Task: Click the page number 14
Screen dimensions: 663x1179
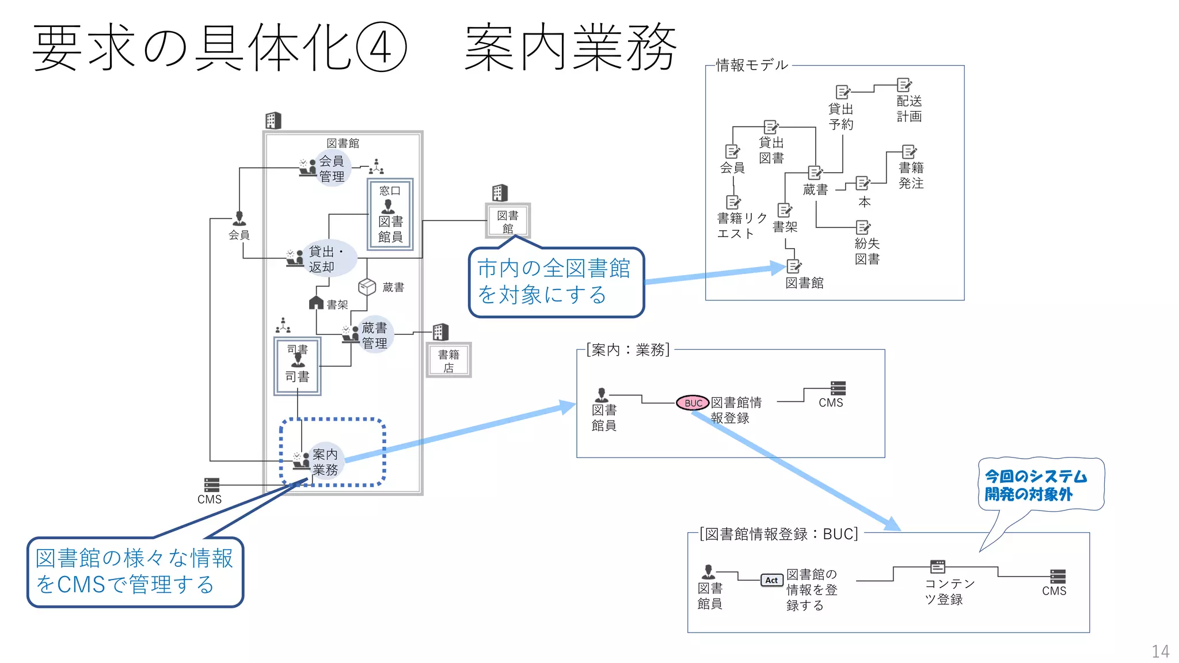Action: [x=1160, y=651]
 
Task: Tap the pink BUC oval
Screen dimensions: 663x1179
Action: [x=693, y=403]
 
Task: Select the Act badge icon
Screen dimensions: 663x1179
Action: [x=771, y=580]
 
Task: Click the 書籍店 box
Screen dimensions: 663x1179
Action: [x=448, y=360]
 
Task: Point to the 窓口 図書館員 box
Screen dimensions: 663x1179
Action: [x=390, y=214]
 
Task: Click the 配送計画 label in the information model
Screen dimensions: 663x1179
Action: [x=909, y=108]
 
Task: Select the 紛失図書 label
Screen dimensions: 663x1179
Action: [x=867, y=251]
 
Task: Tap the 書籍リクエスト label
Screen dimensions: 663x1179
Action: [x=741, y=226]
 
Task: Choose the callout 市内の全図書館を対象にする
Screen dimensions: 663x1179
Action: [x=556, y=282]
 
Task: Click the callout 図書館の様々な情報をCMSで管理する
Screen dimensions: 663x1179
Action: [x=135, y=571]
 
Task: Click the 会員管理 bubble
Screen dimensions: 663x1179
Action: [x=332, y=169]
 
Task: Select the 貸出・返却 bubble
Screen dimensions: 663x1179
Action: [x=326, y=259]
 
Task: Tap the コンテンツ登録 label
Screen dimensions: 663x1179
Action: [x=949, y=591]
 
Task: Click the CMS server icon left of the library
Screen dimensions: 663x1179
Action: [x=211, y=485]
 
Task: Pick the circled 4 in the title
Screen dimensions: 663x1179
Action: [x=381, y=47]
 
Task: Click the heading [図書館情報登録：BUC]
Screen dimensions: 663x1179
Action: [x=778, y=534]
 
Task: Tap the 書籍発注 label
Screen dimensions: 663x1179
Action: [x=911, y=175]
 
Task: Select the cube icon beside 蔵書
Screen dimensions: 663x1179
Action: [x=367, y=286]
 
